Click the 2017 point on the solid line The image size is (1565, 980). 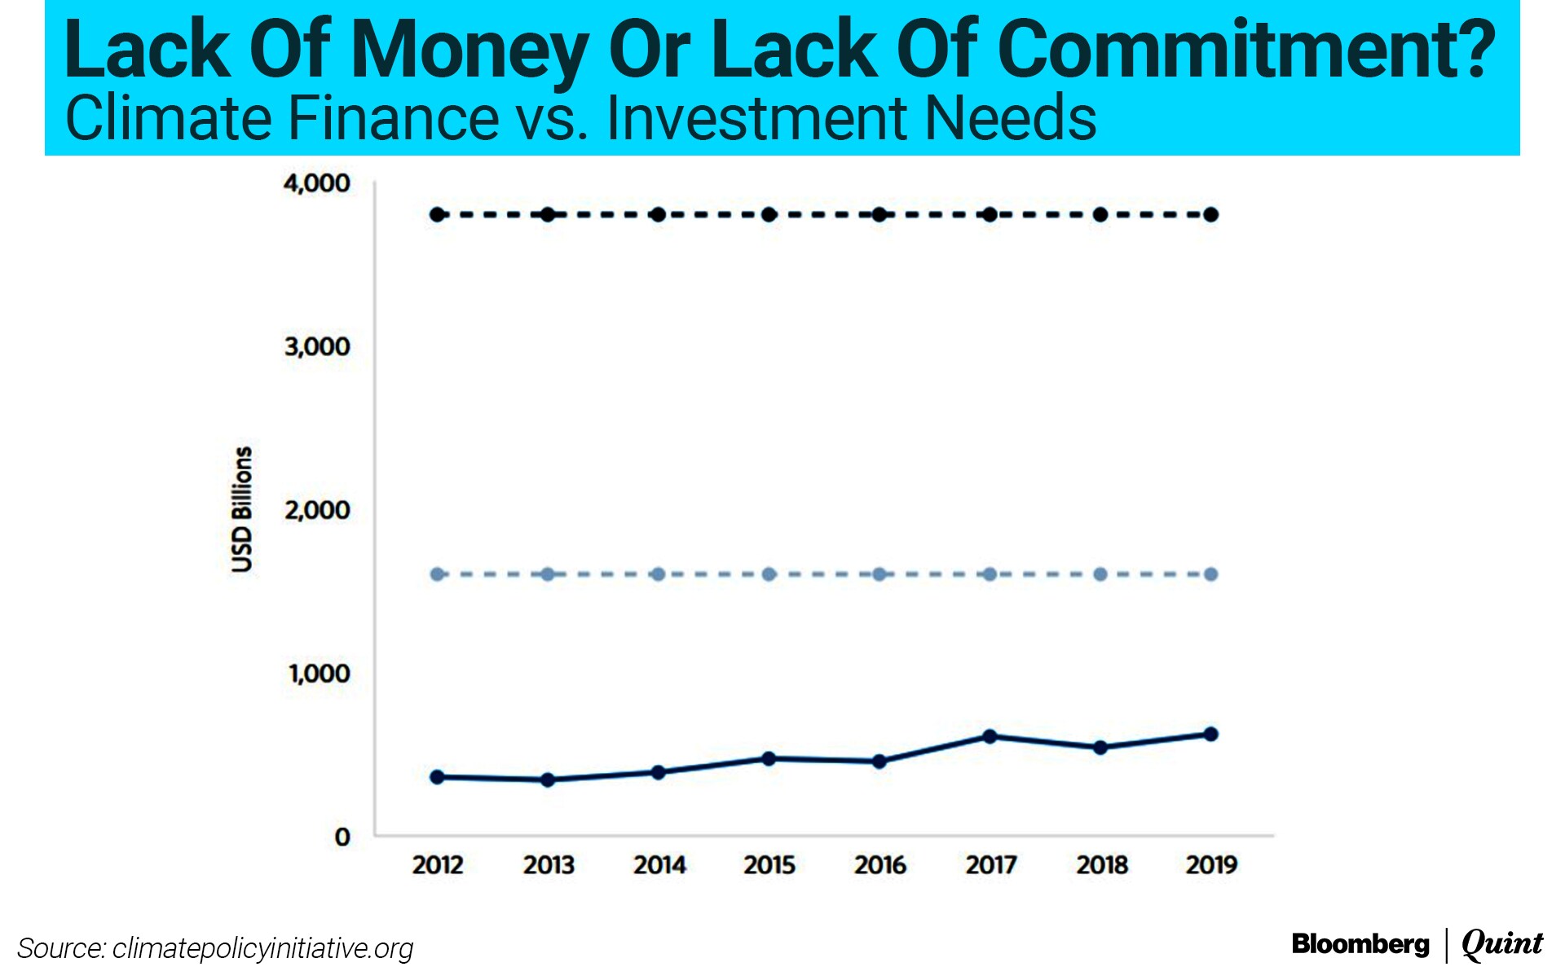click(x=990, y=736)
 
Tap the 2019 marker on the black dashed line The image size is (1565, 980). click(x=1210, y=214)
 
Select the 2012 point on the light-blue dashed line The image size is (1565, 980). click(x=438, y=574)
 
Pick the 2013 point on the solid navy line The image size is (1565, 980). click(x=548, y=780)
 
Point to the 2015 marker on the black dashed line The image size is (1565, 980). click(x=769, y=214)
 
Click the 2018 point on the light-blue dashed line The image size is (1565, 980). click(x=1100, y=574)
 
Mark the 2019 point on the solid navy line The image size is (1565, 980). click(x=1210, y=734)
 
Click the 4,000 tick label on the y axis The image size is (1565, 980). click(x=316, y=183)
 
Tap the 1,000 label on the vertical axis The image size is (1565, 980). click(x=318, y=674)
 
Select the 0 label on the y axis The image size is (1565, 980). click(x=342, y=837)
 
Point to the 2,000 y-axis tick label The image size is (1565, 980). click(x=316, y=510)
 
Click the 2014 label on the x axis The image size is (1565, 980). click(x=659, y=864)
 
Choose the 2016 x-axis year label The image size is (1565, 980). click(x=879, y=864)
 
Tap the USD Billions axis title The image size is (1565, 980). click(x=242, y=509)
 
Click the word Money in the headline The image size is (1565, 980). click(x=469, y=51)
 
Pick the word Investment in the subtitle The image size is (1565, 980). click(x=756, y=119)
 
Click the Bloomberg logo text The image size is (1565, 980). click(x=1360, y=944)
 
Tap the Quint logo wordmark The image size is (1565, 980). click(x=1502, y=944)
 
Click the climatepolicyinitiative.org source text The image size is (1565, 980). click(x=262, y=948)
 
